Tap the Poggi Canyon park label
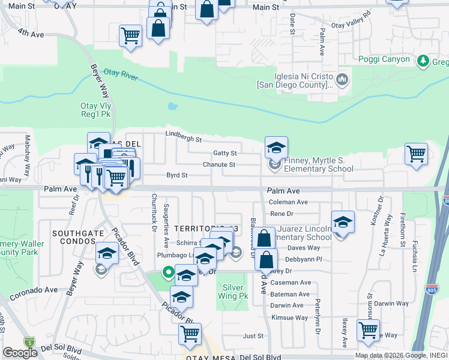tap(384, 59)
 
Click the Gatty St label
tap(224, 154)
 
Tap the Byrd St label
tap(177, 176)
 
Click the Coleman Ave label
tap(288, 202)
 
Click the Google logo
tap(20, 353)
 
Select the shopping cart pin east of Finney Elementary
tap(416, 154)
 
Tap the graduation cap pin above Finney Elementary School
tap(276, 147)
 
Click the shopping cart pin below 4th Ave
tap(130, 35)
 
